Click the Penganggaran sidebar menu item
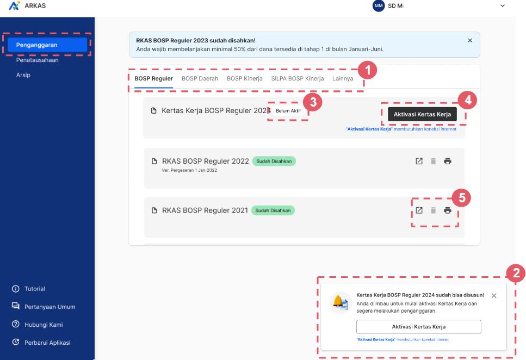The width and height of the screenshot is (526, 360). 47,45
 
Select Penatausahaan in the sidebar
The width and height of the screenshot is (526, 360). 37,60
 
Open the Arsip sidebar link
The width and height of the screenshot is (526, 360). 23,75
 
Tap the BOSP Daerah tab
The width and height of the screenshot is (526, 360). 200,78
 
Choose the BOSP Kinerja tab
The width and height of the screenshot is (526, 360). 245,78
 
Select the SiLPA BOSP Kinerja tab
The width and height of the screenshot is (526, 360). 298,78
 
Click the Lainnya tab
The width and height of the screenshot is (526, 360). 343,78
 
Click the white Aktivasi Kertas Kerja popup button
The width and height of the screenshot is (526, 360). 419,327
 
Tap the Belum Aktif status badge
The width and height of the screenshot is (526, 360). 288,111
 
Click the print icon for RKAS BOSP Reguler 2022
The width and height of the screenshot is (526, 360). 448,162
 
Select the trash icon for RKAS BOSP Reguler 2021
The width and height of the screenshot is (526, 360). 434,210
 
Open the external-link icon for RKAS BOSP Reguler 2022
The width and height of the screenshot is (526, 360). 419,162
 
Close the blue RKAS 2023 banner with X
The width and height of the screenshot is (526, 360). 470,41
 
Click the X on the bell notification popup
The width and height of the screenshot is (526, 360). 494,296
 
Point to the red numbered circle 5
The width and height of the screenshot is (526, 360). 462,198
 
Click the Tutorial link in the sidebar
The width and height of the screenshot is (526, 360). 35,289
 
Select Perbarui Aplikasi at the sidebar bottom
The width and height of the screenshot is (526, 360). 47,343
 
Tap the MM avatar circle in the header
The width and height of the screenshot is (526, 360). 379,5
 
